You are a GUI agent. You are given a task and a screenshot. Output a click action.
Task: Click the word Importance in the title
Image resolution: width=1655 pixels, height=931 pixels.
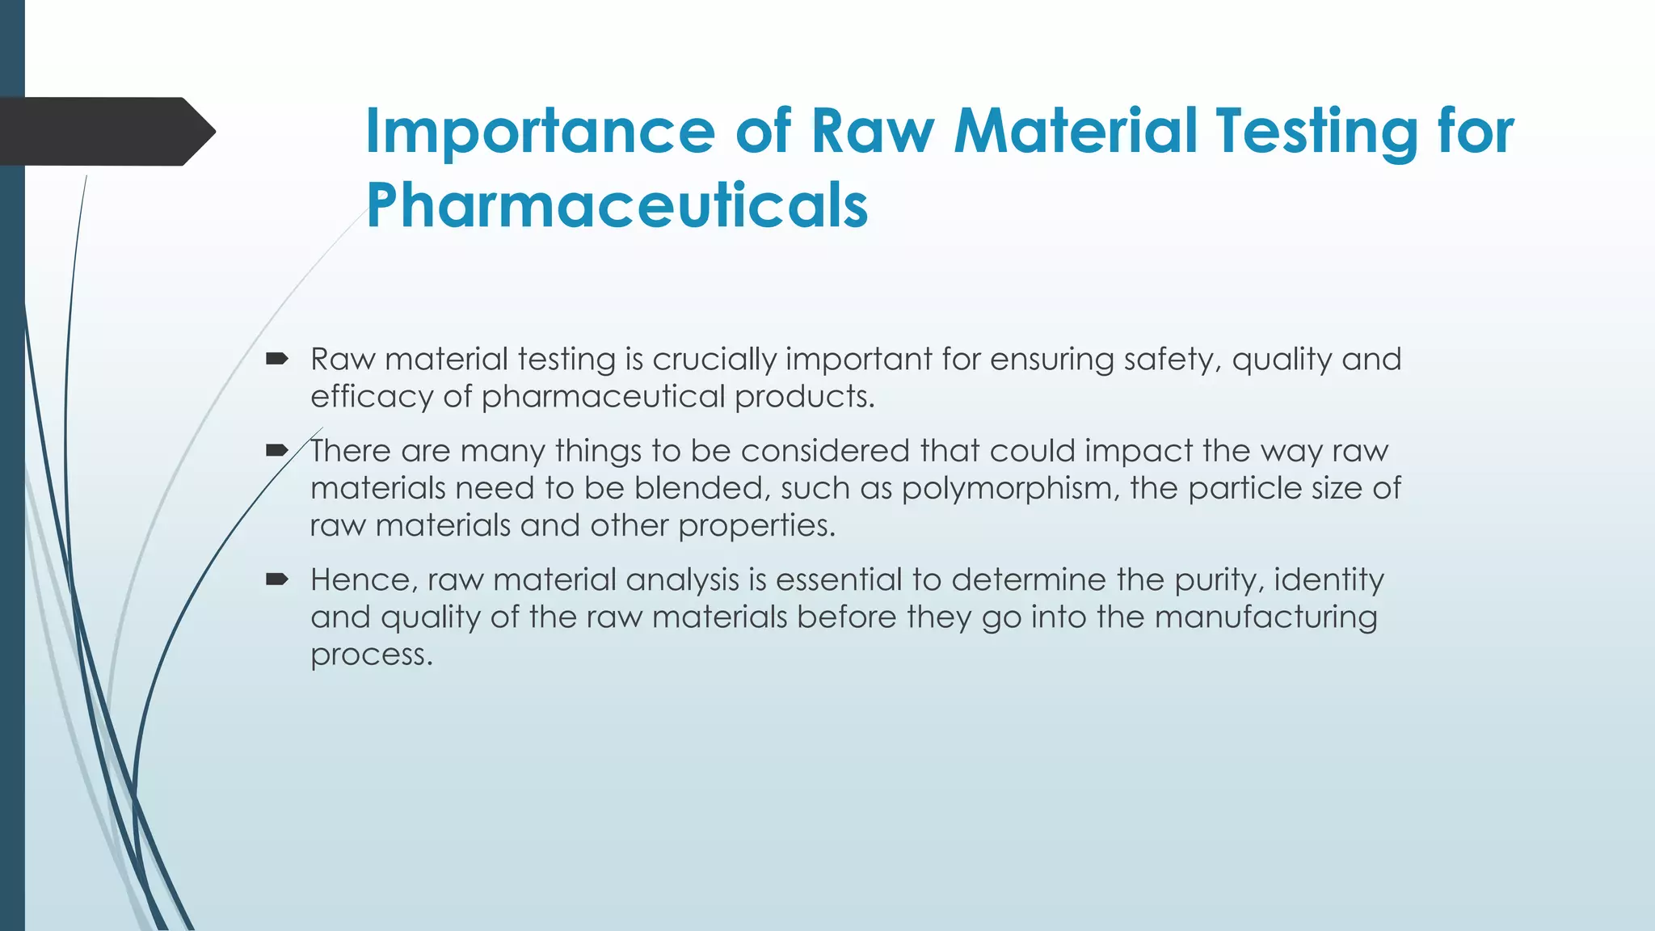pos(540,132)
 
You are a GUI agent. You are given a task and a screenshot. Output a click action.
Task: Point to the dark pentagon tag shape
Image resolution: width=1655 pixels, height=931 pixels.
pos(105,132)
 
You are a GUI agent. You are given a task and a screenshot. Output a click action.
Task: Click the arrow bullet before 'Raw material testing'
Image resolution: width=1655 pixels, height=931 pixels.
pos(277,358)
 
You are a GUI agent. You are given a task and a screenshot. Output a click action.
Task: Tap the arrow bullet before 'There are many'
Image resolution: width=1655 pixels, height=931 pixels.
pos(277,450)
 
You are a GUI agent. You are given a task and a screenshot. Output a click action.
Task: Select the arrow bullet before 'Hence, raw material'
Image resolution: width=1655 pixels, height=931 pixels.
pos(277,579)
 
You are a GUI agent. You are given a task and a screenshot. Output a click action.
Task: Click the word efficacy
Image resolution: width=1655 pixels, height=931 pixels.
pos(371,397)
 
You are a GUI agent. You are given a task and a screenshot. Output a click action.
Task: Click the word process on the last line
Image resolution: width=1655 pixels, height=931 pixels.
pos(372,655)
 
